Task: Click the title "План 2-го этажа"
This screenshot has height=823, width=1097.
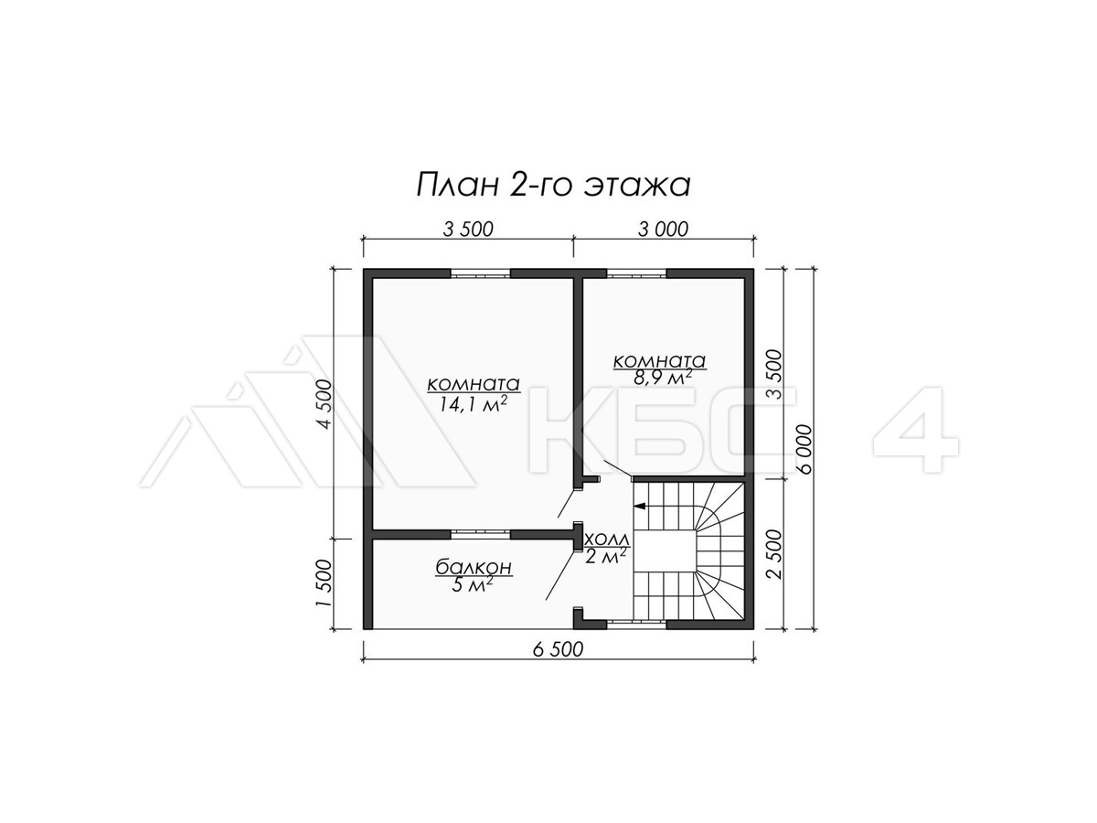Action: [x=553, y=185]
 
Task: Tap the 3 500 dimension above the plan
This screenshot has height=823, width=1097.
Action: [x=468, y=230]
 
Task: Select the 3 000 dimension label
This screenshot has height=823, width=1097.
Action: [x=663, y=230]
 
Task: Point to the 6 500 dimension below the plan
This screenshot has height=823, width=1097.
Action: [x=558, y=649]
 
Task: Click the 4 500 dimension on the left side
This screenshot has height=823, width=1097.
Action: [x=325, y=404]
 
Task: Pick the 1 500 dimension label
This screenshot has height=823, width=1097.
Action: [x=325, y=583]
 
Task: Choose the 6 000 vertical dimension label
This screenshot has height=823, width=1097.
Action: [x=804, y=450]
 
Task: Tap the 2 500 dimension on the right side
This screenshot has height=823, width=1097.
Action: [x=773, y=553]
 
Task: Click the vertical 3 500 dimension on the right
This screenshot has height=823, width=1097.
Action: [x=773, y=374]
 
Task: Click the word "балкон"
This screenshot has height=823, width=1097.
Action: [x=474, y=567]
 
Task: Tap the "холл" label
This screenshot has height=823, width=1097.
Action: [x=607, y=540]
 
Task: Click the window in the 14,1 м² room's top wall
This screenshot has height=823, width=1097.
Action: [x=481, y=273]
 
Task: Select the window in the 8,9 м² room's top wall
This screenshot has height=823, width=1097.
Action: [x=636, y=273]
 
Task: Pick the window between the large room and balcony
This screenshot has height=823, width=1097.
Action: [x=481, y=534]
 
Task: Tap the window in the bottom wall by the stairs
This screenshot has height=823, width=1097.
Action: [x=636, y=624]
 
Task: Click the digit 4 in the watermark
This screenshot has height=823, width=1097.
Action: [x=916, y=430]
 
